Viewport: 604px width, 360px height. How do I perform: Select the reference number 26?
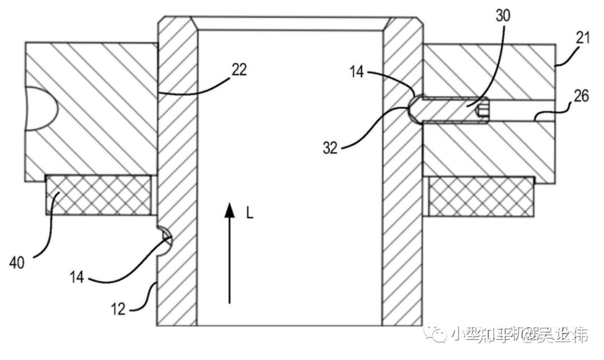click(582, 96)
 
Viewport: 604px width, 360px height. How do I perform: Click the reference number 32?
click(331, 149)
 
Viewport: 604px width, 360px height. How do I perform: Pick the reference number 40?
click(16, 263)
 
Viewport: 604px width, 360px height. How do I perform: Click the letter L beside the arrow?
click(249, 213)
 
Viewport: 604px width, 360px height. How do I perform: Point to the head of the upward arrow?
click(229, 210)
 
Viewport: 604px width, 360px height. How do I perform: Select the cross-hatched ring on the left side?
click(98, 195)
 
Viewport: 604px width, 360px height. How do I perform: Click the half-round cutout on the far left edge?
click(39, 110)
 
